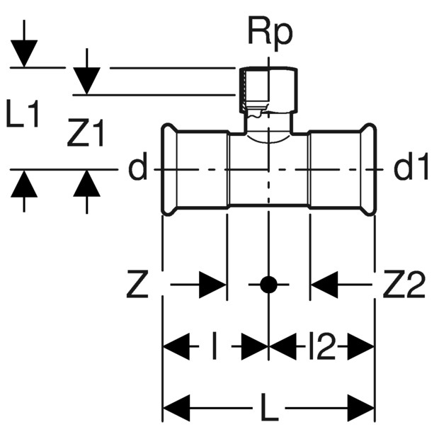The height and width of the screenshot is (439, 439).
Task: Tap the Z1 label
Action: (x=86, y=134)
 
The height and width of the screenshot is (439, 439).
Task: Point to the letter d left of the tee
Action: (x=138, y=169)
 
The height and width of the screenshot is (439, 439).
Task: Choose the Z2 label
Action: (x=404, y=285)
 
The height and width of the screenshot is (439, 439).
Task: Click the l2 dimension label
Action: (x=321, y=348)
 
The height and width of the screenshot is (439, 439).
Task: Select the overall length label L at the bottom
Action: (x=269, y=409)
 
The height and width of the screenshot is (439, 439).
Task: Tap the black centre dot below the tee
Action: (x=268, y=285)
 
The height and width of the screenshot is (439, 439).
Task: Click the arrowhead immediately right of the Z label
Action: (x=212, y=285)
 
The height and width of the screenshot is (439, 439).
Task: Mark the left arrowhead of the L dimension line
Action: (x=177, y=409)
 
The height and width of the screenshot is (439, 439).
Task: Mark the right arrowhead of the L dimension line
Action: (x=360, y=409)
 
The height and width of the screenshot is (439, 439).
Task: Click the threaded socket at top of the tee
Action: (x=266, y=92)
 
